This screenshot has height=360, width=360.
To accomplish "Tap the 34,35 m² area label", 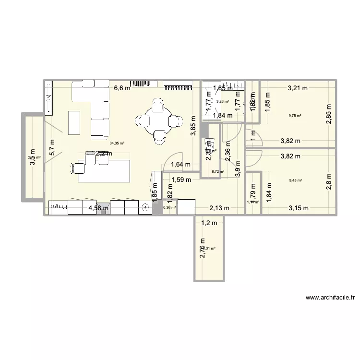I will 117,143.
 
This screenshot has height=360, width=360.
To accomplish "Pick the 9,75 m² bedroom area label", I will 295,116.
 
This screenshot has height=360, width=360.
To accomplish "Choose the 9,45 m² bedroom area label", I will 295,180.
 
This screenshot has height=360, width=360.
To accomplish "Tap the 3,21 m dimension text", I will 298,88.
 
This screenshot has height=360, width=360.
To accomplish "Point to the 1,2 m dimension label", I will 209,223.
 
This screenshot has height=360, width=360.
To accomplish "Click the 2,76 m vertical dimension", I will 202,248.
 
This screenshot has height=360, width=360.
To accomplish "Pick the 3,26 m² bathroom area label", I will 222,101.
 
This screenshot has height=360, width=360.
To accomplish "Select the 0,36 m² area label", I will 169,208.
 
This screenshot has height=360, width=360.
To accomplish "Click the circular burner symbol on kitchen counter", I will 145,208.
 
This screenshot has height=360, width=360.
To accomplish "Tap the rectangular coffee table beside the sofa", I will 74,122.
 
